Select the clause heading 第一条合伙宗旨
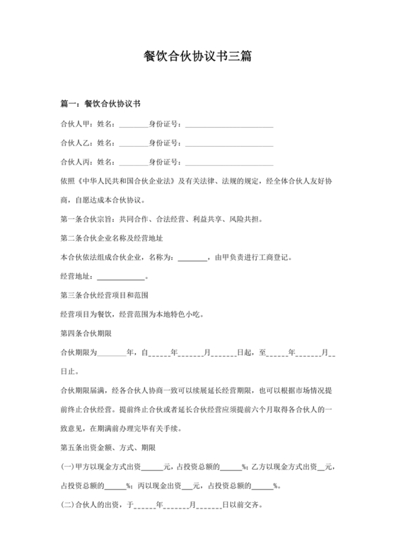(88, 219)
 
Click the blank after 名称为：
(192, 257)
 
